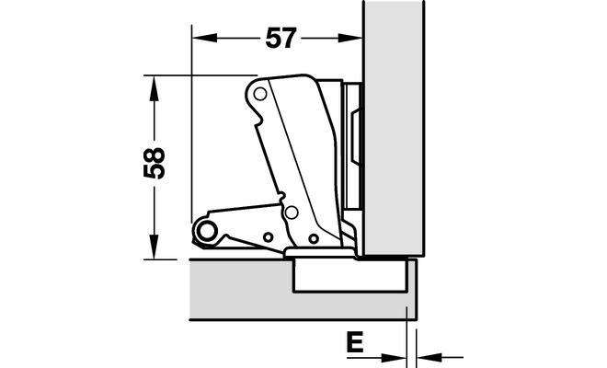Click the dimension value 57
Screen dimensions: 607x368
pyautogui.click(x=281, y=38)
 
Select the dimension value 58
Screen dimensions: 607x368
pyautogui.click(x=155, y=163)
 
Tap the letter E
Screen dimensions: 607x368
pyautogui.click(x=355, y=341)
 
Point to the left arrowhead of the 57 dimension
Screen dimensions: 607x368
pyautogui.click(x=204, y=38)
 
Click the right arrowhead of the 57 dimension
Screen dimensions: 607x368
pyautogui.click(x=350, y=38)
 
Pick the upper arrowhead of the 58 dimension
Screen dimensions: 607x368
pyautogui.click(x=155, y=87)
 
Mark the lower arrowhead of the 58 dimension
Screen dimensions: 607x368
pyautogui.click(x=155, y=247)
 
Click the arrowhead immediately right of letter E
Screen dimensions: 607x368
pyautogui.click(x=394, y=357)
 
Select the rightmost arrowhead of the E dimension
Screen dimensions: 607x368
pyautogui.click(x=429, y=357)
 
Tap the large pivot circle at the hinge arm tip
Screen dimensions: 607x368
pyautogui.click(x=207, y=231)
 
